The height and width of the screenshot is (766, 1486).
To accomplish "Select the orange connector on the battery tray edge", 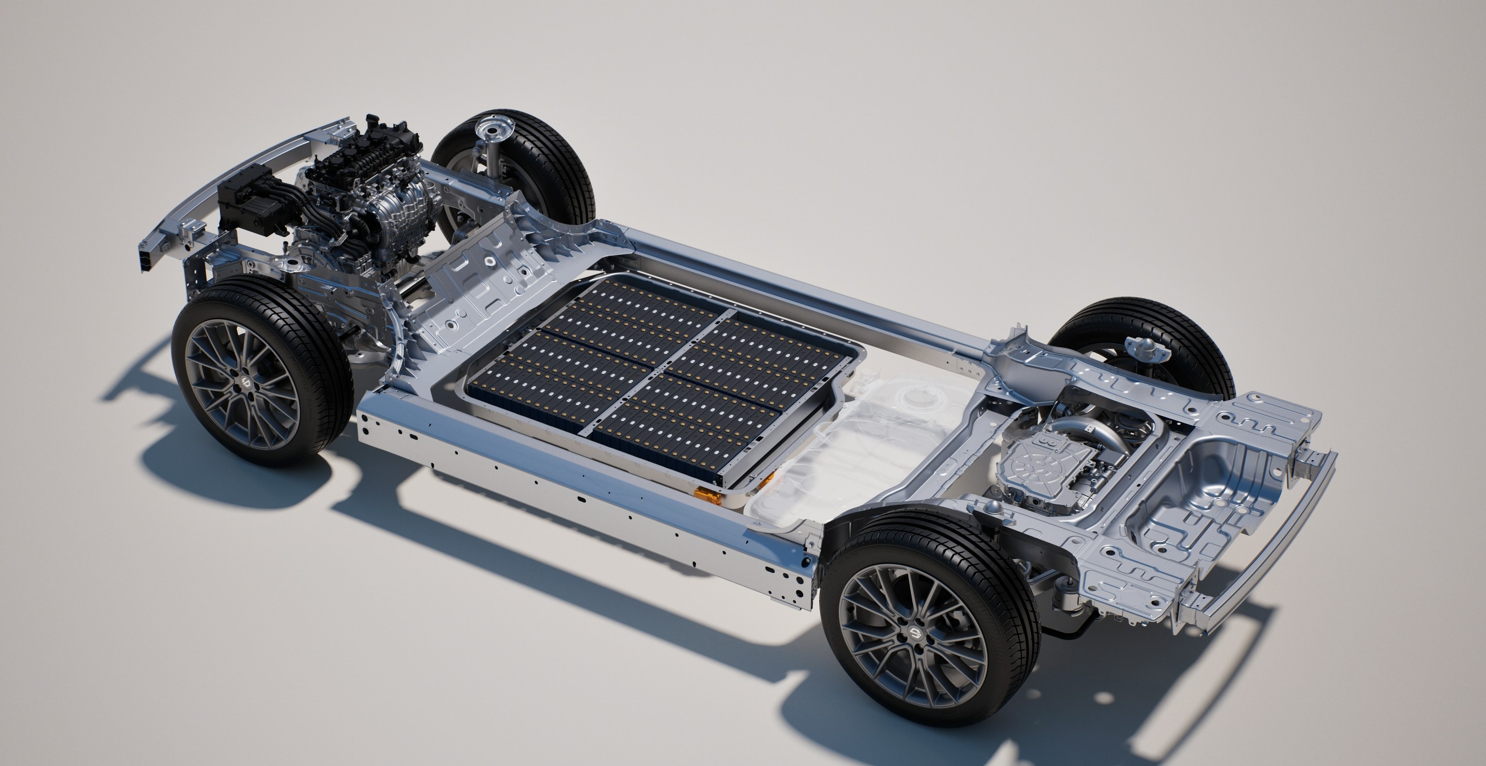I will tap(706, 494).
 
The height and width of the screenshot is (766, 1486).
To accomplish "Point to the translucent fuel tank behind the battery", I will tap(865, 439).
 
